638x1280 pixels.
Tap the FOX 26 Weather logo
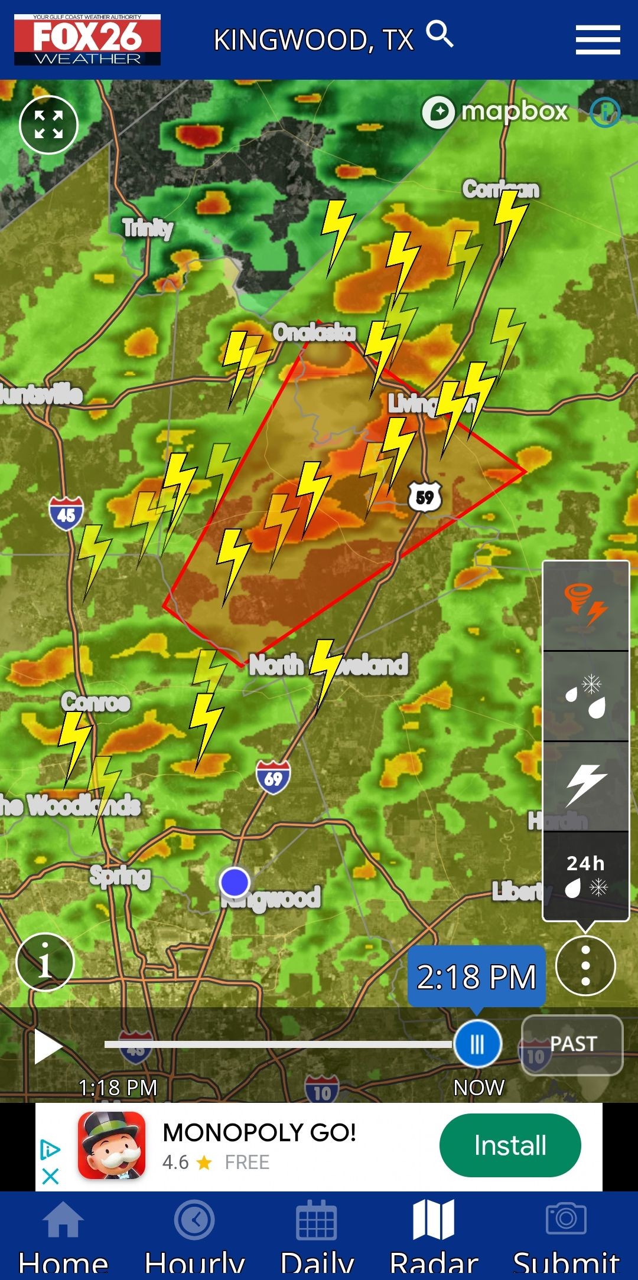pos(87,40)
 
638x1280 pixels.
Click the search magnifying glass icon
pos(440,34)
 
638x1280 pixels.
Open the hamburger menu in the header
pos(597,40)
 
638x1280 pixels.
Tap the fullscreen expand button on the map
pos(48,125)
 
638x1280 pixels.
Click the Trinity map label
pos(148,228)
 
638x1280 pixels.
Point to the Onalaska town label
pos(314,333)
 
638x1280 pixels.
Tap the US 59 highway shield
pos(425,497)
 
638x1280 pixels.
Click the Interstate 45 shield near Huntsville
pos(66,514)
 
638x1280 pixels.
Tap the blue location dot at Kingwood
pos(235,882)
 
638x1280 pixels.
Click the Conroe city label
pos(96,703)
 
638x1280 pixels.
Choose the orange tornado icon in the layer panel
pos(585,606)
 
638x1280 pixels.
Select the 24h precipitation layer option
pos(585,876)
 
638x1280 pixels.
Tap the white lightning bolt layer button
pos(585,786)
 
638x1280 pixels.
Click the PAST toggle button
pos(572,1044)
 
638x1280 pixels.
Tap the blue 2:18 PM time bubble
pos(476,977)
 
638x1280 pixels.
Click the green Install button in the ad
pos(510,1145)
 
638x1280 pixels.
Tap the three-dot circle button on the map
pos(585,966)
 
